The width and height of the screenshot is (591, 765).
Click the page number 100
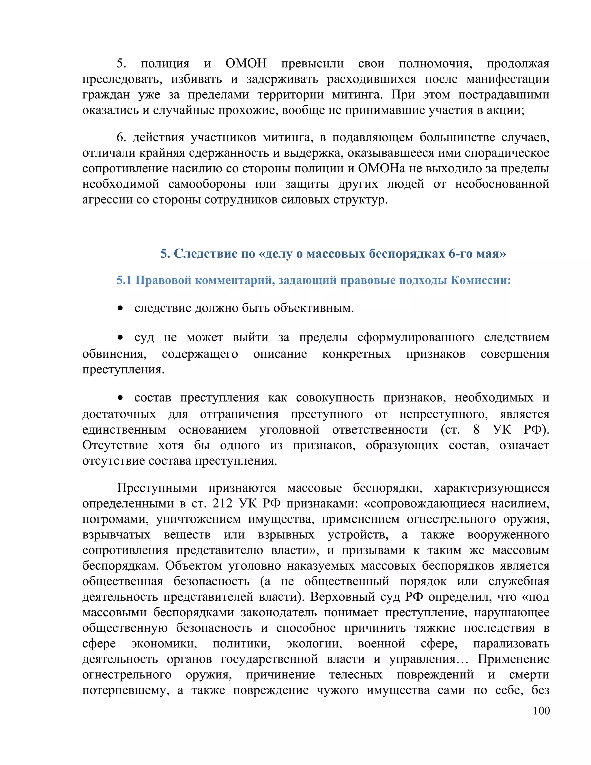coord(541,710)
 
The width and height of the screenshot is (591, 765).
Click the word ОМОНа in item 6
coord(381,169)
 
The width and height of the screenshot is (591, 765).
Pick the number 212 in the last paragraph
coord(222,503)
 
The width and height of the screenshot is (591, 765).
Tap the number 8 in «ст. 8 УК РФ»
coord(476,430)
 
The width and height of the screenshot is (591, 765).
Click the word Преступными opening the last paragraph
coord(157,488)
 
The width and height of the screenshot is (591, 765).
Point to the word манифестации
coord(508,79)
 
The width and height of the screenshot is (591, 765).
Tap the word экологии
coord(314,643)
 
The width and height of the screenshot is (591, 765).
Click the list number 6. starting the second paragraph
coord(121,138)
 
